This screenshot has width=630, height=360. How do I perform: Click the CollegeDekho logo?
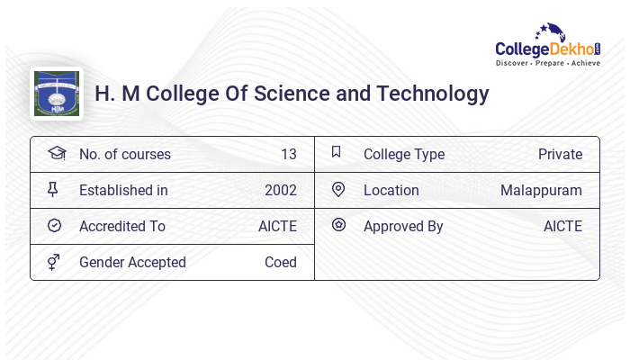(x=548, y=47)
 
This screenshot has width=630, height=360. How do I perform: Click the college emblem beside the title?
(x=56, y=94)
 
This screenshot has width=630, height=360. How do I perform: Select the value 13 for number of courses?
(x=288, y=154)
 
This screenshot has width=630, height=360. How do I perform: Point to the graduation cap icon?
(x=56, y=153)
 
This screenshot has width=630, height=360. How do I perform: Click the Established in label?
(x=123, y=190)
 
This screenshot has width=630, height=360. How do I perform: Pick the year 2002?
(x=281, y=190)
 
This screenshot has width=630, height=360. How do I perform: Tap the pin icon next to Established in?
(x=53, y=189)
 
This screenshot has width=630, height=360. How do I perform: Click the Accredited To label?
(x=122, y=226)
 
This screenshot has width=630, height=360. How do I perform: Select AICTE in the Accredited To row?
(x=277, y=226)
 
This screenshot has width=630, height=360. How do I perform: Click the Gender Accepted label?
(x=132, y=262)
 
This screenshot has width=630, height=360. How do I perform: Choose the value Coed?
(x=281, y=262)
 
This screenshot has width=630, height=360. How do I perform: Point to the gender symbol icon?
(x=53, y=262)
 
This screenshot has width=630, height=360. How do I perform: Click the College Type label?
(x=404, y=154)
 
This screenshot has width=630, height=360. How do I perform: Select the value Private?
(x=560, y=154)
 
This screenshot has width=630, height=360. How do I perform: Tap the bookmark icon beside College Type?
(x=337, y=152)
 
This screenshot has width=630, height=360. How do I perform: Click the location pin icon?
(x=338, y=189)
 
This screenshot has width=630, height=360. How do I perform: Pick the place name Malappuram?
(x=541, y=190)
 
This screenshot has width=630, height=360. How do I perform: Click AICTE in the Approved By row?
(x=562, y=226)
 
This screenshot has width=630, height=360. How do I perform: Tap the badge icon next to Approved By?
(x=338, y=225)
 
